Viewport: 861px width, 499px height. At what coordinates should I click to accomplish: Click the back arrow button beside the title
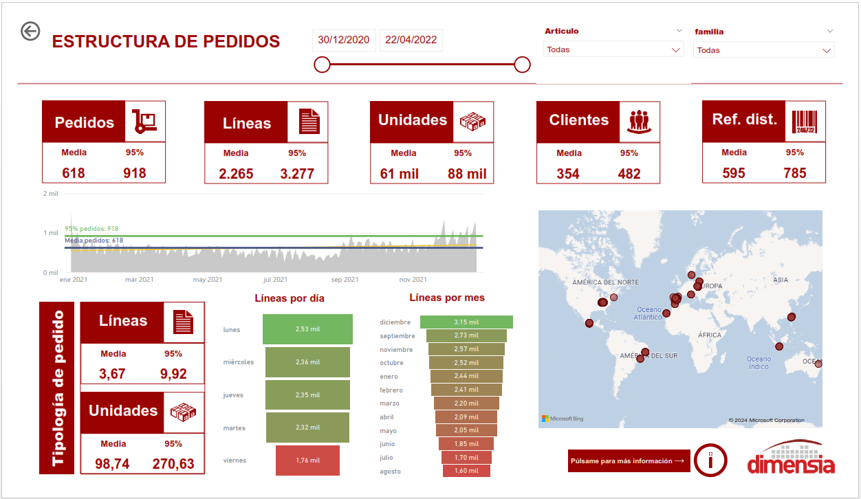pyautogui.click(x=30, y=32)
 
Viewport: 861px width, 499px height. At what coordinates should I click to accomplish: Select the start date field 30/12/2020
pyautogui.click(x=344, y=40)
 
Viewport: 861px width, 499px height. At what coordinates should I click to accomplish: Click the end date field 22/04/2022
pyautogui.click(x=411, y=40)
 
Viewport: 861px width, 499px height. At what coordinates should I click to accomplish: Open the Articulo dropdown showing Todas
pyautogui.click(x=613, y=49)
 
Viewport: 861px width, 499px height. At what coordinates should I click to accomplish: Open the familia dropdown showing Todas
pyautogui.click(x=763, y=50)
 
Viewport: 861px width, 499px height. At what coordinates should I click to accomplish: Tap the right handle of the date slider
pyautogui.click(x=522, y=65)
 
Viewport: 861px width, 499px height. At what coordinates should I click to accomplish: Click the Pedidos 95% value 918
pyautogui.click(x=135, y=173)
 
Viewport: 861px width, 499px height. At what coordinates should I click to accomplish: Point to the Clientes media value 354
pyautogui.click(x=568, y=174)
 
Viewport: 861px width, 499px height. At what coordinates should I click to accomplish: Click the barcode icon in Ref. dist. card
pyautogui.click(x=804, y=122)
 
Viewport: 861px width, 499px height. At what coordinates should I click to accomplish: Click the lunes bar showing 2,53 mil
pyautogui.click(x=307, y=329)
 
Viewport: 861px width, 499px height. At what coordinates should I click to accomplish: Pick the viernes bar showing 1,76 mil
pyautogui.click(x=307, y=461)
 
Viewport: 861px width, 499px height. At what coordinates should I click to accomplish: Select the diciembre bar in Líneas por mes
pyautogui.click(x=466, y=322)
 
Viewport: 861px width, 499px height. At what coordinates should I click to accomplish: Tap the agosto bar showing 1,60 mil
pyautogui.click(x=466, y=471)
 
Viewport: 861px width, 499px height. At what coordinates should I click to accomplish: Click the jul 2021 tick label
pyautogui.click(x=275, y=280)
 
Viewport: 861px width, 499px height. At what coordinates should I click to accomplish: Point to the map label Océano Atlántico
pyautogui.click(x=649, y=313)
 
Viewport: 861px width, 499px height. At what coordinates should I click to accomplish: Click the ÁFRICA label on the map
pyautogui.click(x=709, y=335)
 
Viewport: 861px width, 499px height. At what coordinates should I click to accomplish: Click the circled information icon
pyautogui.click(x=710, y=460)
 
